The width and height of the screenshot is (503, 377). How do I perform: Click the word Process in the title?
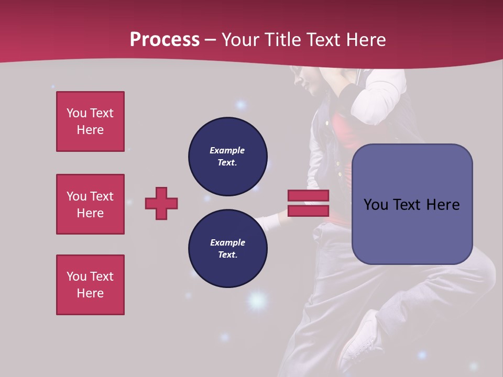(165, 40)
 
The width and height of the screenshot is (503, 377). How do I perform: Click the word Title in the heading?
(282, 40)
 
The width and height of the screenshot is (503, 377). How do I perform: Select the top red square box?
(90, 121)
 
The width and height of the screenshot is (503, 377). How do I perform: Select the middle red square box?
(90, 204)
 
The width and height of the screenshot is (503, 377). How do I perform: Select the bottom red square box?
(90, 285)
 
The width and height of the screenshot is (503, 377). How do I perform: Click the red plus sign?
(161, 203)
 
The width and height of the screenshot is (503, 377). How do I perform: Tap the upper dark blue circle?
(228, 157)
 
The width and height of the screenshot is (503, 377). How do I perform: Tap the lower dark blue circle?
(228, 249)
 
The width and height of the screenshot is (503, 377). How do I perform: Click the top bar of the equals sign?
(308, 196)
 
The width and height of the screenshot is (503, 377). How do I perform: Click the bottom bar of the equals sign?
(308, 211)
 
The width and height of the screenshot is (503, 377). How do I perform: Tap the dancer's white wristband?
(270, 223)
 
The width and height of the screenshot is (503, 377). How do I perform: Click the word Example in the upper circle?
(227, 150)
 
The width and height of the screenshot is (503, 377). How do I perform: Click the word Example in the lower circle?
(227, 242)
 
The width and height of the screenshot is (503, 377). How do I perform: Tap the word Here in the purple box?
(443, 205)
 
